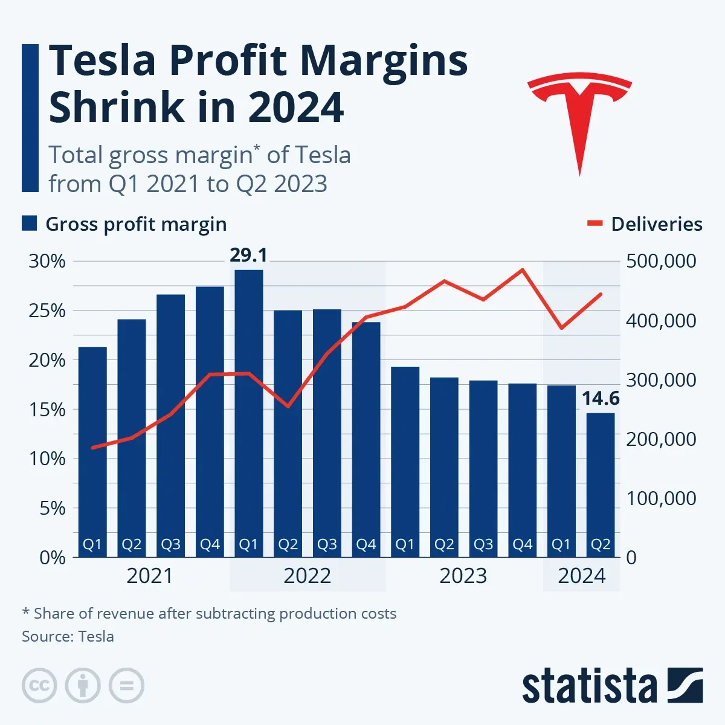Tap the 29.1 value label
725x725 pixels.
(248, 256)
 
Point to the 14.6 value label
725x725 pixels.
(601, 399)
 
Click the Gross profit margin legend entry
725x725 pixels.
(124, 224)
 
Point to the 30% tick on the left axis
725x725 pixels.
(47, 262)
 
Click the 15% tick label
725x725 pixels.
(47, 410)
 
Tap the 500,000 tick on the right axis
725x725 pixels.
(661, 262)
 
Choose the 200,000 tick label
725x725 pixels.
(661, 439)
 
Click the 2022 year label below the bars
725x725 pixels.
(307, 576)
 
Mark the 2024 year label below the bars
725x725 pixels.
(581, 576)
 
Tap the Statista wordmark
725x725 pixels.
(589, 687)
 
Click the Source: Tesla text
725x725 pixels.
(68, 636)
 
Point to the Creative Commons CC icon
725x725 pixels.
(39, 686)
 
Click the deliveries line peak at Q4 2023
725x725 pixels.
(523, 269)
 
